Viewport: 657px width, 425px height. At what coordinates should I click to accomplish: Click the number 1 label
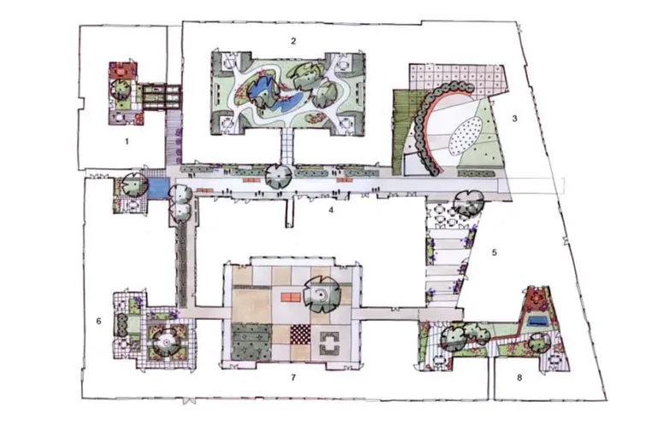coord(127,142)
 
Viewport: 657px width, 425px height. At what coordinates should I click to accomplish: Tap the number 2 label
coord(293,40)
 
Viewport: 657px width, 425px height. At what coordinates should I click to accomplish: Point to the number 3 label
coord(514,119)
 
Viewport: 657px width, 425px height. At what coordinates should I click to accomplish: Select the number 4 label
coord(331,210)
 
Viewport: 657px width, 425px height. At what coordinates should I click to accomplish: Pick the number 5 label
coord(494,252)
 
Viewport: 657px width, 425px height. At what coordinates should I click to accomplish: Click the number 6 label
coord(99,322)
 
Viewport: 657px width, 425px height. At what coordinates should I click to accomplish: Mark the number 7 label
coord(293,377)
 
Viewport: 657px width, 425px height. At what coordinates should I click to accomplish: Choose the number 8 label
coord(519,377)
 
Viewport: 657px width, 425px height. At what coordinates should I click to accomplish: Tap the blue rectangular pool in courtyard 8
coord(538,322)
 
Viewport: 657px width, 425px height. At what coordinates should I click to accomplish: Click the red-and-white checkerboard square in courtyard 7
coord(301,334)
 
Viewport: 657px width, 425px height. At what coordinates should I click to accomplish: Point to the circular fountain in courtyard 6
coord(166,342)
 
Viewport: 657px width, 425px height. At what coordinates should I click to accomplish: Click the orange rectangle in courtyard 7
coord(290,298)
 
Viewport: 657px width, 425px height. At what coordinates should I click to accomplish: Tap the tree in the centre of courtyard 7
coord(322,294)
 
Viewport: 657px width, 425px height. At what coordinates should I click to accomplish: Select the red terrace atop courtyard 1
coord(122,70)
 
